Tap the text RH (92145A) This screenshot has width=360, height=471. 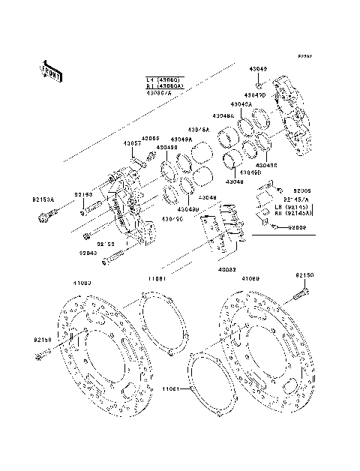(x=294, y=212)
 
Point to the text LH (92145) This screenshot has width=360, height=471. (x=292, y=205)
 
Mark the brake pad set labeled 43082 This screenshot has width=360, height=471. (x=223, y=229)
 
